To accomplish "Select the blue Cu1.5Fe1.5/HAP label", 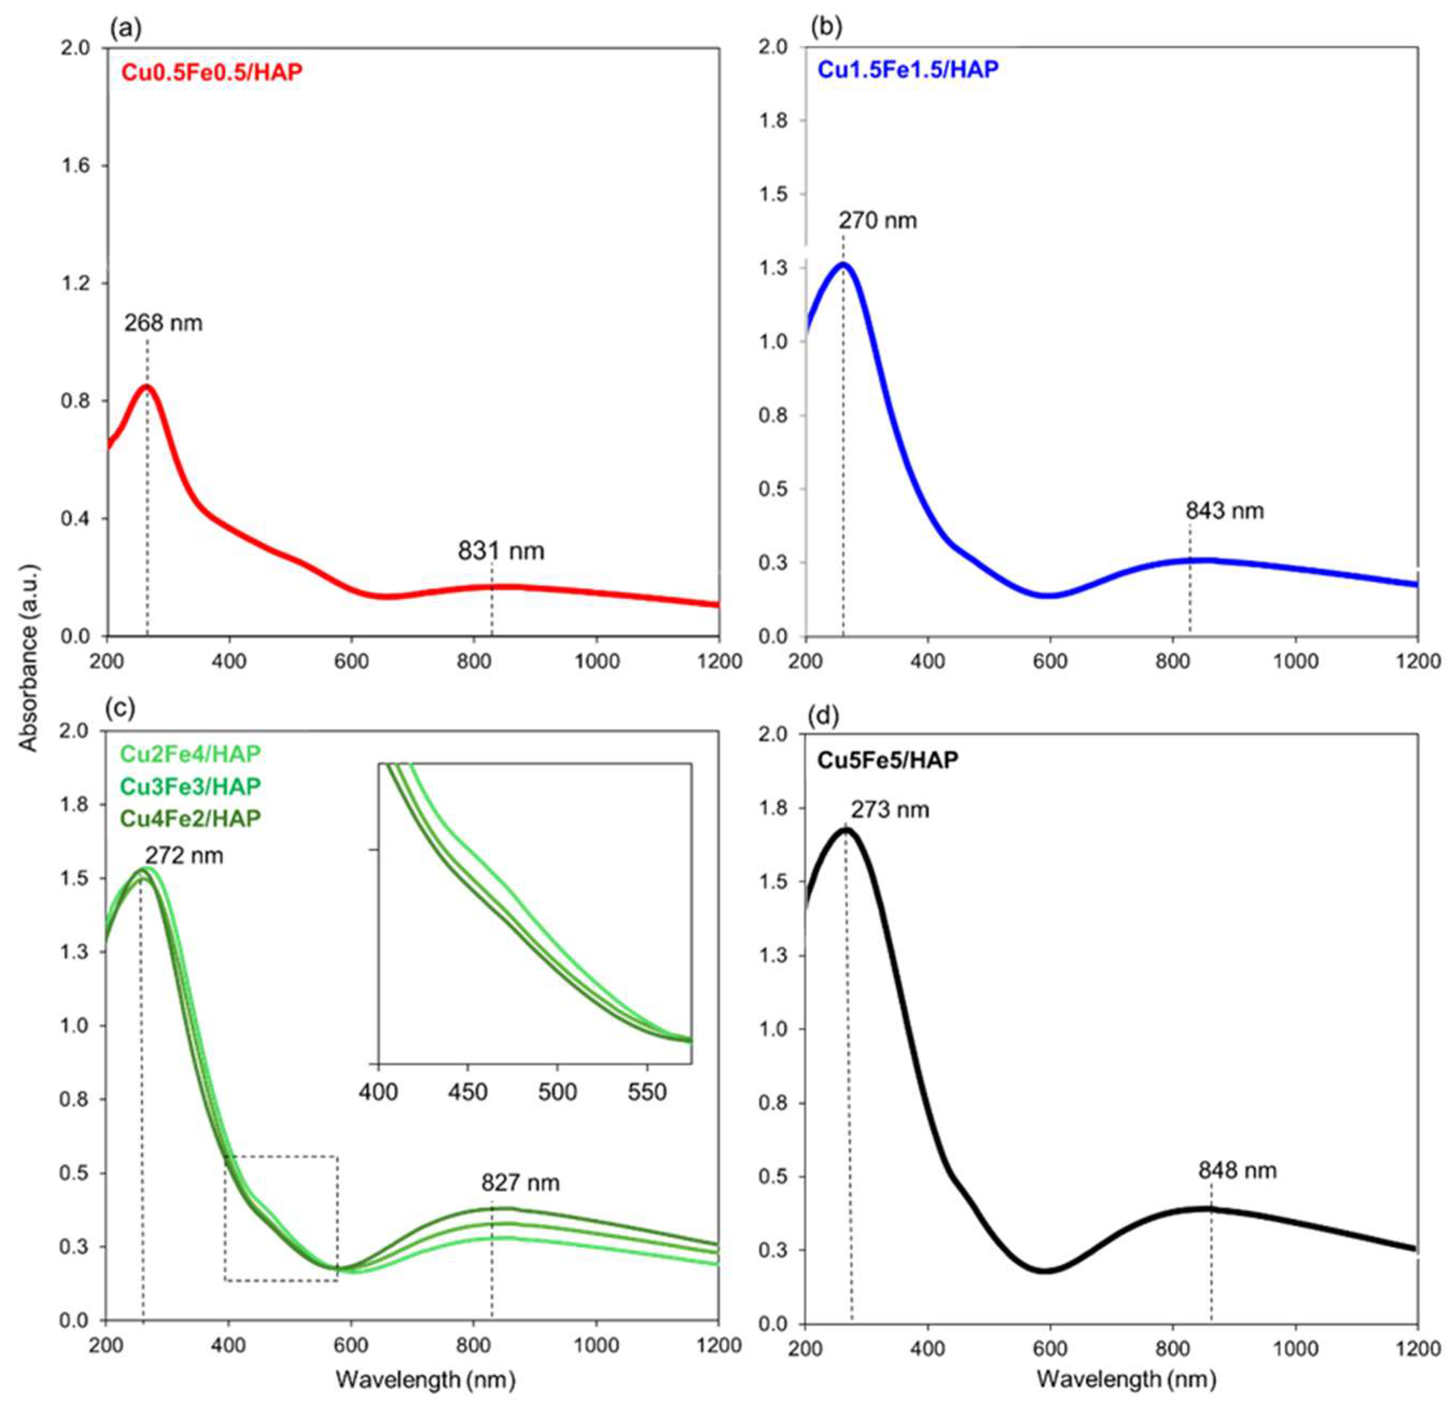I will point(908,69).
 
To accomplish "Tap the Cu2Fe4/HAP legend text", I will point(190,754).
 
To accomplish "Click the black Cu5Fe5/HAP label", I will point(888,759).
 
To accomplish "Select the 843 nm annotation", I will point(1224,510).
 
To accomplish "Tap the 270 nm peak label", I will point(877,221).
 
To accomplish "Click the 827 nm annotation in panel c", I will point(520,1183).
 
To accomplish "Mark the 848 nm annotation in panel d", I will point(1238,1170).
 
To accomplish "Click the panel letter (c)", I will point(120,708).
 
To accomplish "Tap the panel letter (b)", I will point(826,27).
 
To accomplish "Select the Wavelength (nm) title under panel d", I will point(1126,1378).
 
